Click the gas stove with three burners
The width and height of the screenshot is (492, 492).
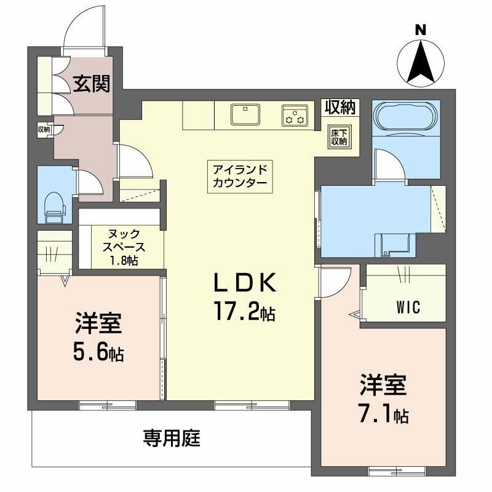(x=295, y=115)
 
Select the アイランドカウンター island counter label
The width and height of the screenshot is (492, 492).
(x=240, y=177)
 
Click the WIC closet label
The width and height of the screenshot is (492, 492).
(x=408, y=307)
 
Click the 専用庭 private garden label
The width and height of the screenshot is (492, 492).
(x=172, y=438)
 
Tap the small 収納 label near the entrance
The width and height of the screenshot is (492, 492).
(x=43, y=129)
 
